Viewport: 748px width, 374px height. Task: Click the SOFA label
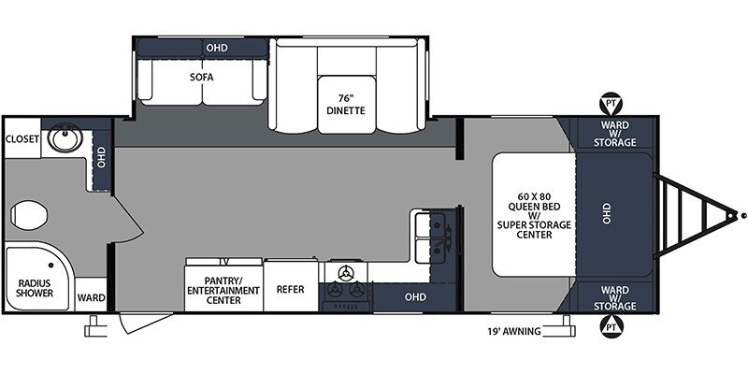(x=198, y=77)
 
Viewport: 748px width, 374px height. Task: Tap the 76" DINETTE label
(x=343, y=105)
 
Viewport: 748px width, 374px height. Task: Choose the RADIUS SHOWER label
(x=35, y=286)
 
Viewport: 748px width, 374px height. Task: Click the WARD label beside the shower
(x=92, y=298)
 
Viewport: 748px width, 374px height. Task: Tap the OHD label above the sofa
(x=217, y=47)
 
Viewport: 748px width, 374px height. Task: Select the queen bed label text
(x=533, y=214)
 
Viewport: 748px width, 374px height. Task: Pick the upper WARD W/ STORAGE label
(x=615, y=133)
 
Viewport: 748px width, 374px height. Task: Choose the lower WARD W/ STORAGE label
(x=615, y=297)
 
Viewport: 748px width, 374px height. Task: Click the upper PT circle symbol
(x=611, y=102)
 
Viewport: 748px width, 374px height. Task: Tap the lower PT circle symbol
(x=611, y=327)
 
